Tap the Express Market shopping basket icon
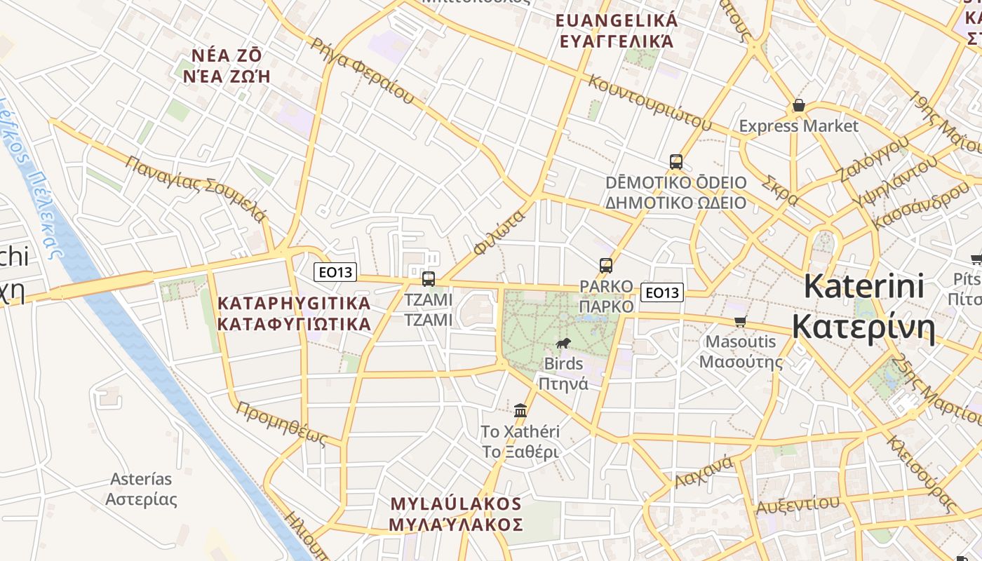click(798, 106)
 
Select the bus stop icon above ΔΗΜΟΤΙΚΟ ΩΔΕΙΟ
click(676, 162)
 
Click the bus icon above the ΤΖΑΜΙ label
click(428, 278)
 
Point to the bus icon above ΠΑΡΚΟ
click(606, 266)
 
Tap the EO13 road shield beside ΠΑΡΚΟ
click(661, 292)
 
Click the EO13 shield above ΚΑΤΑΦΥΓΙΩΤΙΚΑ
click(335, 272)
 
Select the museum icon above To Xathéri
click(520, 410)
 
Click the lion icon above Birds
click(563, 343)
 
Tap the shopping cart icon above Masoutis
click(740, 321)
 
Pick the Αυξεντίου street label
click(797, 505)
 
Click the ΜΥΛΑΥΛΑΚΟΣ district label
click(456, 514)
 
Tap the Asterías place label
click(141, 489)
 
